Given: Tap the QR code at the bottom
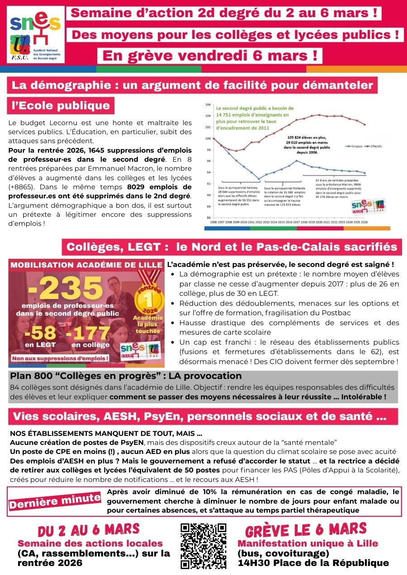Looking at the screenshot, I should pyautogui.click(x=203, y=546).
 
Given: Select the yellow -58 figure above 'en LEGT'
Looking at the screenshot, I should pyautogui.click(x=40, y=333).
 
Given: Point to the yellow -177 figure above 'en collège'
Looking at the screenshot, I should pyautogui.click(x=89, y=333).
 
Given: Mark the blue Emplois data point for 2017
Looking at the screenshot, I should pyautogui.click(x=296, y=160).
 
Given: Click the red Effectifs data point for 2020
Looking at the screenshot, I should pyautogui.click(x=319, y=115).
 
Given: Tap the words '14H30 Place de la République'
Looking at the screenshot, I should pyautogui.click(x=313, y=563).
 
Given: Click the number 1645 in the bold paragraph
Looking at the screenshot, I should pyautogui.click(x=95, y=150).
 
